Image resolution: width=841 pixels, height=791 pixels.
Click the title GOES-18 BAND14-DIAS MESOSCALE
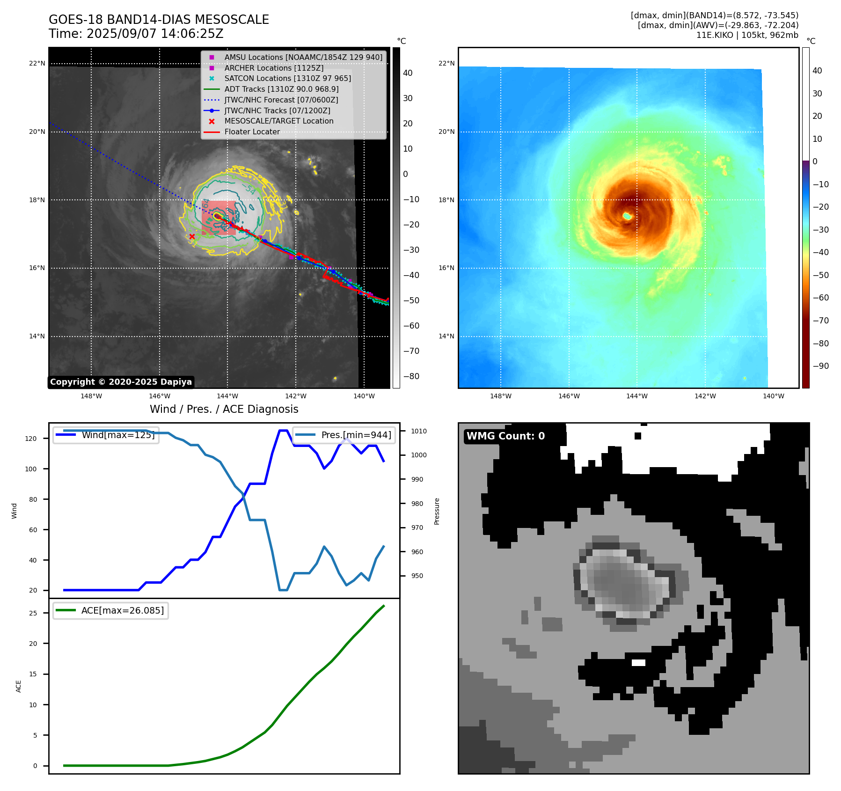coord(159,20)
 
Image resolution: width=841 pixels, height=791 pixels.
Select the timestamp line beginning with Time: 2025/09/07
coord(136,34)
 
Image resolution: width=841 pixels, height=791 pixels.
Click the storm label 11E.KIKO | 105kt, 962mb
coord(747,35)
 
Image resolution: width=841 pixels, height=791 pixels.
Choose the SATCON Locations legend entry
coord(287,79)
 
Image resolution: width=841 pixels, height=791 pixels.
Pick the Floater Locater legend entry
coord(252,132)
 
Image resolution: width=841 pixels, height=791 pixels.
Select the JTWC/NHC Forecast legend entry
coord(281,100)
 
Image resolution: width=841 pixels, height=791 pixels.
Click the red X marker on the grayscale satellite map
coord(192,236)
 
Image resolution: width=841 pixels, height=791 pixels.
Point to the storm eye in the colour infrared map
coord(627,216)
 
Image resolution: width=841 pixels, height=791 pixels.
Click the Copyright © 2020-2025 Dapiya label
coord(121,382)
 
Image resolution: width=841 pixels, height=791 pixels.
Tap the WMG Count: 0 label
coord(505,436)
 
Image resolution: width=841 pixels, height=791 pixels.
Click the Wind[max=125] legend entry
coord(118,435)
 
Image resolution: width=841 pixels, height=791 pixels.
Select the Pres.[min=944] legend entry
coord(356,435)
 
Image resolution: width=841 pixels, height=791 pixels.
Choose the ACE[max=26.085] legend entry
coord(123,610)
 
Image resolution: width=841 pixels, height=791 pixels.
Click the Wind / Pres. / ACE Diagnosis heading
coord(224,409)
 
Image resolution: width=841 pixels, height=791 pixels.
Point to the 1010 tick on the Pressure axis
coord(419,431)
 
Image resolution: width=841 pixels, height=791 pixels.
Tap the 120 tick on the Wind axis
coord(31,439)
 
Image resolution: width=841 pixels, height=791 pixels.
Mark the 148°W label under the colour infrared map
coord(501,396)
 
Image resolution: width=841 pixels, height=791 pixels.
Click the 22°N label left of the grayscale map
coord(37,64)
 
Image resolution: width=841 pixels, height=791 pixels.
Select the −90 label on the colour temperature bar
coord(820,366)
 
